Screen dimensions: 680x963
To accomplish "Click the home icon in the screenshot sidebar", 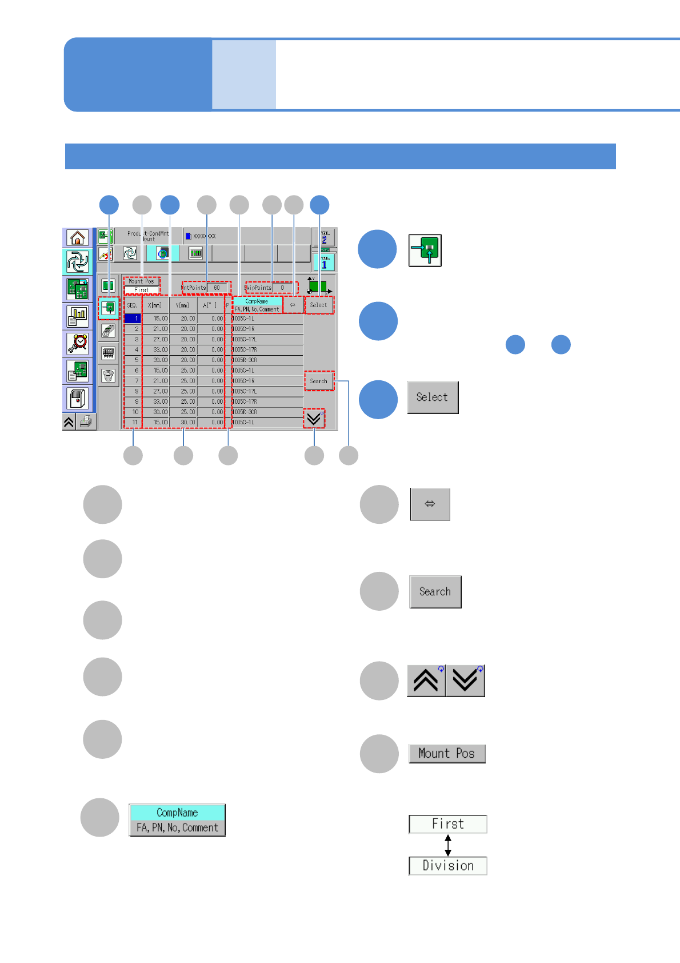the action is pos(77,237).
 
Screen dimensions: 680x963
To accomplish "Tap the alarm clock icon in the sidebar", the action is pos(77,343).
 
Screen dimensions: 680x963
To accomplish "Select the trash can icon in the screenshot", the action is pos(108,375).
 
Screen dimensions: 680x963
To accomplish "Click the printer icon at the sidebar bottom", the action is pos(86,422).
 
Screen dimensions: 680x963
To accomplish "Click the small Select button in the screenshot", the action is pos(318,305).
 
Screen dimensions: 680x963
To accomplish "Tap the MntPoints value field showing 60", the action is pos(217,288).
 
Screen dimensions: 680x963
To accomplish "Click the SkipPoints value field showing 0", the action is pos(283,288).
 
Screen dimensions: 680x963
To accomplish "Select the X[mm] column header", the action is pos(155,305).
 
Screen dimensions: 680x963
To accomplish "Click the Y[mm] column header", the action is pos(183,305).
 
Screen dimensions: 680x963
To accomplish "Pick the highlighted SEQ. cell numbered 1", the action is pos(133,319).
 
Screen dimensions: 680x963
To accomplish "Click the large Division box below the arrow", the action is pos(448,866).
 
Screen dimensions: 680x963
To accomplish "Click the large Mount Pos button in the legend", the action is pos(447,754).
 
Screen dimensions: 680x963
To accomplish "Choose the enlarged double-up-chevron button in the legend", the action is pos(426,681).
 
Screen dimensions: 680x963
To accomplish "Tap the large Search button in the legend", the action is pos(435,592).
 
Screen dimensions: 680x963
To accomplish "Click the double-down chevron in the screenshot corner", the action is pos(314,419).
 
